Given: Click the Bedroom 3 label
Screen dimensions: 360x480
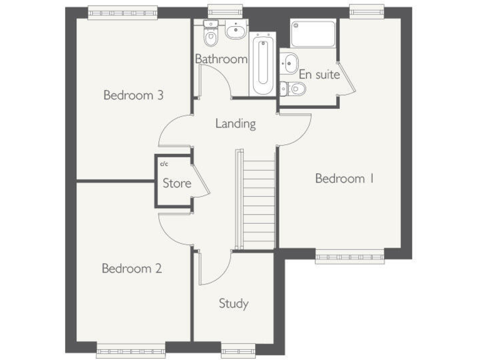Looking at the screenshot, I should [x=133, y=96].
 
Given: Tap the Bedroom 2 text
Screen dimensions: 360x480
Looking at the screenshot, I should [x=132, y=269].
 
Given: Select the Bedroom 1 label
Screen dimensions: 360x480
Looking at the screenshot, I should [x=344, y=179].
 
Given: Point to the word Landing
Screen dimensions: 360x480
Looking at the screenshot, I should [x=236, y=124].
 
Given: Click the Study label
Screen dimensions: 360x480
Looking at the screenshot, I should [x=233, y=304].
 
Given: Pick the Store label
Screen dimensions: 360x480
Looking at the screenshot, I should [x=177, y=184].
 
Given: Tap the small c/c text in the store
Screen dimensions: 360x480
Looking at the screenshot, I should [x=164, y=164].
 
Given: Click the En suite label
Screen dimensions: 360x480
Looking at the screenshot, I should [x=319, y=75].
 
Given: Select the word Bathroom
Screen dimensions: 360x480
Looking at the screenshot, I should [x=221, y=59].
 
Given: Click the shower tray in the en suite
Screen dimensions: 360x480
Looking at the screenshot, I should [x=313, y=35].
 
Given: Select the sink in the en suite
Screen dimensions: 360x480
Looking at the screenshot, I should [x=289, y=62].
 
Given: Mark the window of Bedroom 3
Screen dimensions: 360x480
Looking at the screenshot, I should [x=122, y=12].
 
